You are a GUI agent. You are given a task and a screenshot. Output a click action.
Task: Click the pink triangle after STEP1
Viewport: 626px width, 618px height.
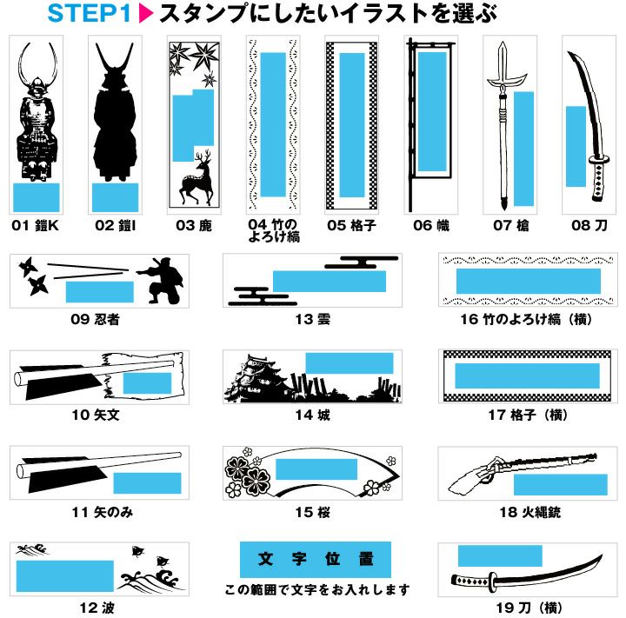[x=145, y=13]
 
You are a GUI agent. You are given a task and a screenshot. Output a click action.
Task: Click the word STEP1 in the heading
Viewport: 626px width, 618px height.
[x=89, y=13]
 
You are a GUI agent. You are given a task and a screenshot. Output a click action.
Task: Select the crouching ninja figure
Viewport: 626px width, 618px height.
[x=163, y=280]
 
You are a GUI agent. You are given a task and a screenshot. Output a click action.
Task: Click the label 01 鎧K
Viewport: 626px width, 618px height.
[x=36, y=226]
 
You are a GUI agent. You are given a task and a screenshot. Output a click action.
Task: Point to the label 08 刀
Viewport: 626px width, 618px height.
[x=589, y=226]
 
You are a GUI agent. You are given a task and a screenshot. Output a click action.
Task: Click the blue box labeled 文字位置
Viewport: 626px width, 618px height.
[x=316, y=559]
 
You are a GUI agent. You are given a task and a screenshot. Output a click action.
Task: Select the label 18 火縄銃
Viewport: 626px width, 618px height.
[x=530, y=512]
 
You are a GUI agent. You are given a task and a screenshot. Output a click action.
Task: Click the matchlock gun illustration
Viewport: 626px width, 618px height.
[x=523, y=471]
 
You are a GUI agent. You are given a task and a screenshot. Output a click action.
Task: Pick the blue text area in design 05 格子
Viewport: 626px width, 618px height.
[x=352, y=125]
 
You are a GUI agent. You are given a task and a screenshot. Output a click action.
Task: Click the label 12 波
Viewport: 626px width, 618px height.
[x=97, y=608]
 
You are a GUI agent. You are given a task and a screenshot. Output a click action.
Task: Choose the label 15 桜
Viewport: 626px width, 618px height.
[x=313, y=512]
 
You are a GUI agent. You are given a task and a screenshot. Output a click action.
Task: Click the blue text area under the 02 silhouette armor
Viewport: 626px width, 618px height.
[x=115, y=197]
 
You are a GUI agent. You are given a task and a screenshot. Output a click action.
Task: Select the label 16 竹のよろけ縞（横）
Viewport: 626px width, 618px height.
[x=526, y=319]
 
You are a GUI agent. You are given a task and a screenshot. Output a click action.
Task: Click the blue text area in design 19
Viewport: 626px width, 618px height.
[x=500, y=555]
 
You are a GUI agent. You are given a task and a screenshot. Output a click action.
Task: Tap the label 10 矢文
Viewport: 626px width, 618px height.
[x=96, y=415]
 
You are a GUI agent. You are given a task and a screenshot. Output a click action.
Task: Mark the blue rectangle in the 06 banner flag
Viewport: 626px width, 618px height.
[x=432, y=112]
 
